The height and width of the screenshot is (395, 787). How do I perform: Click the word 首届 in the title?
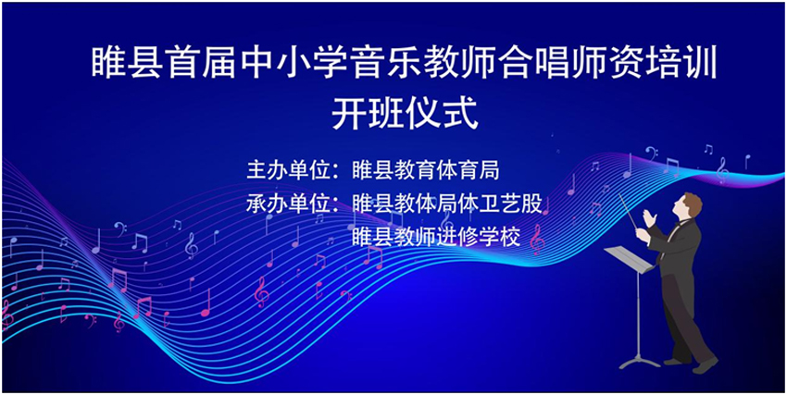[201, 63]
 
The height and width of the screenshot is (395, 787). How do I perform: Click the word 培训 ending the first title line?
[681, 63]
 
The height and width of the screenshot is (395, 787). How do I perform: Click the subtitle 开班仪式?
[404, 114]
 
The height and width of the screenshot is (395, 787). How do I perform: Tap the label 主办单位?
[289, 170]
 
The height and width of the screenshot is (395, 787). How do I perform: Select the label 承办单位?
[289, 204]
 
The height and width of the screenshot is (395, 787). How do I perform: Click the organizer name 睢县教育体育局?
[426, 170]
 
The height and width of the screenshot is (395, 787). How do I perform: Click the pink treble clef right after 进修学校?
[537, 239]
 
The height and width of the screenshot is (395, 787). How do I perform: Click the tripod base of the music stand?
[639, 361]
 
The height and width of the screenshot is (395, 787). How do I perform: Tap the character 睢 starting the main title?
[108, 63]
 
